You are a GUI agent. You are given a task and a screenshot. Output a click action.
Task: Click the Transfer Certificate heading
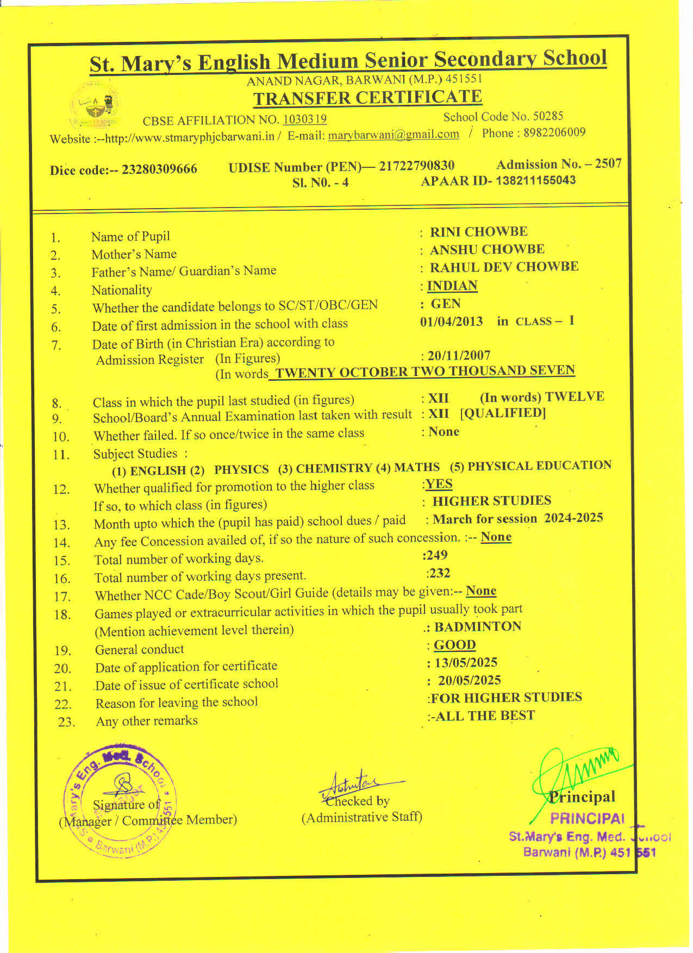367,98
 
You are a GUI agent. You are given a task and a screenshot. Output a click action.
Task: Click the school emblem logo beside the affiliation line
96,105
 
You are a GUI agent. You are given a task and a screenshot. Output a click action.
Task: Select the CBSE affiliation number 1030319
305,119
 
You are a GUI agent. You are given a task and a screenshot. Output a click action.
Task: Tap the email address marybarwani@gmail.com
394,134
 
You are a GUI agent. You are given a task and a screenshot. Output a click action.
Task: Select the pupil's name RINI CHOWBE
478,231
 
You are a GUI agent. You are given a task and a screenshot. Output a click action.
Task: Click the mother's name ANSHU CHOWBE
487,249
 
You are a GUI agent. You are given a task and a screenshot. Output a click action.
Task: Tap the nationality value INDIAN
452,286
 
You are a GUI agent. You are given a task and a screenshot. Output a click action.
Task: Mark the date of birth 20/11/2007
459,355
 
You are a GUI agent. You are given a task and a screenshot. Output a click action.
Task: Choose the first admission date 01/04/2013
452,321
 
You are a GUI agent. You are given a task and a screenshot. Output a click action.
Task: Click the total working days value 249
437,555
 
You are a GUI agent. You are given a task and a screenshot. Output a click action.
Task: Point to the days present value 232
439,573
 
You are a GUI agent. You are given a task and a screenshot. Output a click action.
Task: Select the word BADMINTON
477,626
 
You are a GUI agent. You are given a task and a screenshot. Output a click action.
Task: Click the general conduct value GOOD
454,645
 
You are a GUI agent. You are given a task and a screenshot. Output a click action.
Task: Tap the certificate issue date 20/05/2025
470,680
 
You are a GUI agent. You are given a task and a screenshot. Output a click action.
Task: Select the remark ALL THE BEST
485,716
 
